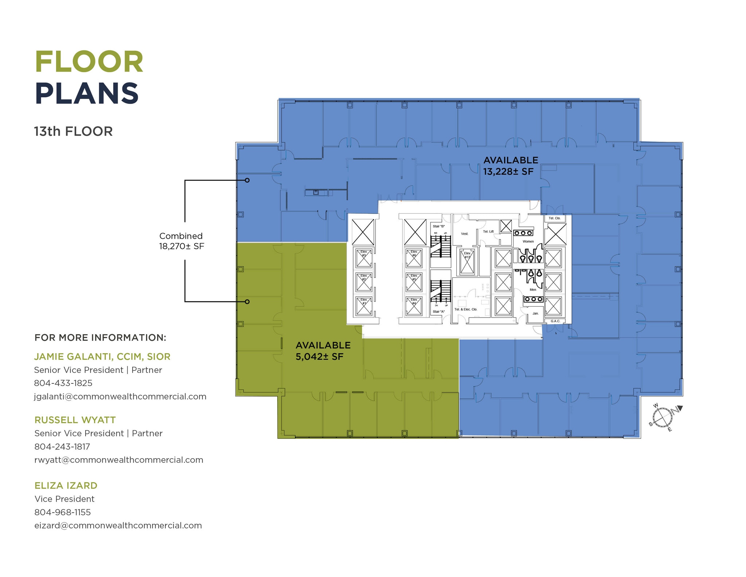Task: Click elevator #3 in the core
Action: point(364,258)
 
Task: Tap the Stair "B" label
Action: point(439,226)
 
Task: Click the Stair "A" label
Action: point(439,312)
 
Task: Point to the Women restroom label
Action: point(528,241)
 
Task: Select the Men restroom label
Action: point(533,290)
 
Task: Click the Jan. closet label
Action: point(535,313)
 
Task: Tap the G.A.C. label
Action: point(555,321)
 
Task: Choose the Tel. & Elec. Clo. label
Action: point(466,309)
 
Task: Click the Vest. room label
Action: point(464,234)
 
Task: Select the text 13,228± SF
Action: point(508,172)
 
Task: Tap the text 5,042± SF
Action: point(319,357)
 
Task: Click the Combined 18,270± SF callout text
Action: point(181,241)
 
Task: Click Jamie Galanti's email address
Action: point(120,397)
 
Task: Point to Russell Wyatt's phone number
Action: point(62,447)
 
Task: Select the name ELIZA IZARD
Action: point(66,486)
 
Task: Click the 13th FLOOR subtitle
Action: point(73,132)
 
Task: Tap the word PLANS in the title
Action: point(87,94)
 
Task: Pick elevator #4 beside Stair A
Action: point(414,305)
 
